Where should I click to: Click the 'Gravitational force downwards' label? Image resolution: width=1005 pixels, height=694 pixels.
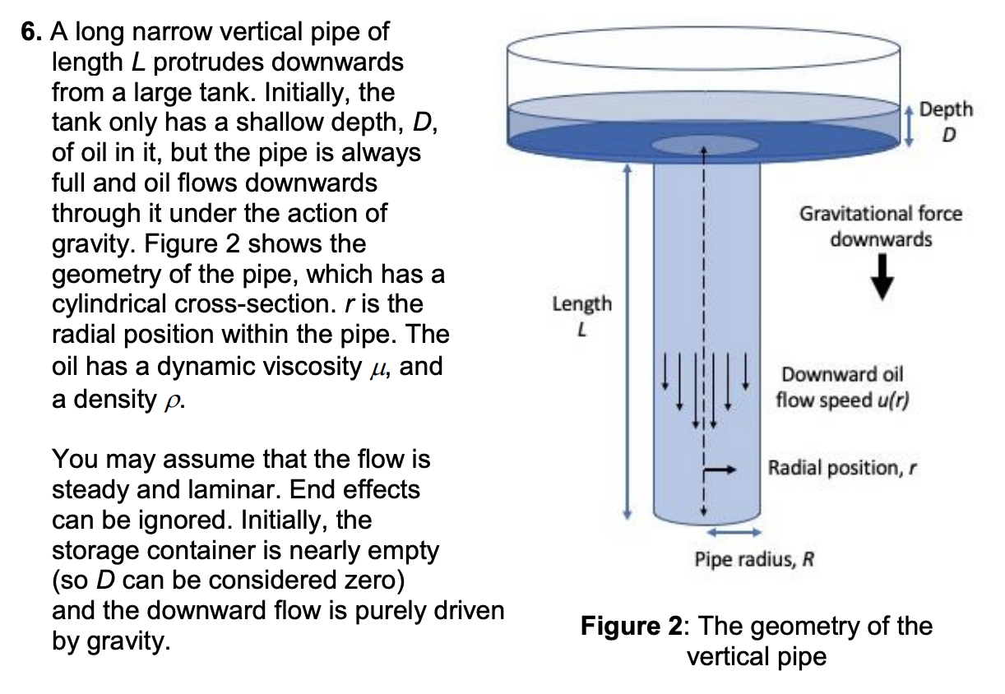[880, 227]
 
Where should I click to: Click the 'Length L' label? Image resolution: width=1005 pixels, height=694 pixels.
[581, 316]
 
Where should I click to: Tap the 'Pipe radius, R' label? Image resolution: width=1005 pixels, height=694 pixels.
[753, 562]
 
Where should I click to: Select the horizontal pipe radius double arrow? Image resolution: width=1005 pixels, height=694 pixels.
[728, 533]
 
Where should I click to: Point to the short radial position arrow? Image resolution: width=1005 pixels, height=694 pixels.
[718, 470]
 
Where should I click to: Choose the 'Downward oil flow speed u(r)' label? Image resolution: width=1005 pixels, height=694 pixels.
[841, 387]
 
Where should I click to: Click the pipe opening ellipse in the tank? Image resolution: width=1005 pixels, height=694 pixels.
[705, 145]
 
